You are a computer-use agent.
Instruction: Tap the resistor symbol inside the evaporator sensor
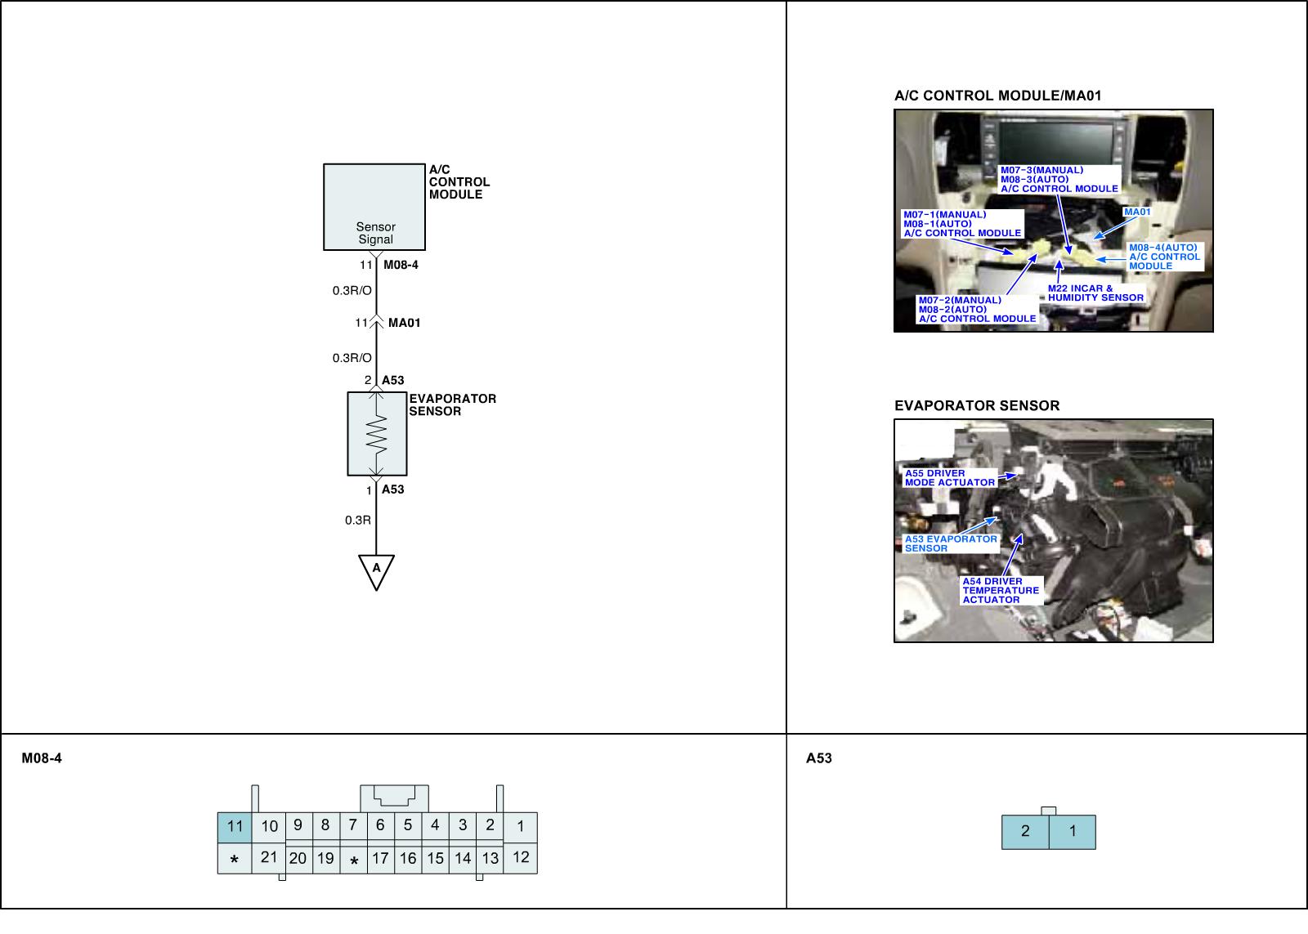[376, 434]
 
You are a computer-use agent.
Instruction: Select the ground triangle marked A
[376, 570]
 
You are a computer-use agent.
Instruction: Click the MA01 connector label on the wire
[404, 323]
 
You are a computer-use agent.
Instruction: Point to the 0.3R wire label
[358, 520]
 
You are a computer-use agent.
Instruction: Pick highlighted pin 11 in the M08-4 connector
[235, 826]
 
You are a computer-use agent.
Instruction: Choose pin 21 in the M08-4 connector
[269, 857]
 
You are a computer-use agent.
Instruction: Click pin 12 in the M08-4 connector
[521, 857]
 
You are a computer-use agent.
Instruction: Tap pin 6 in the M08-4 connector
[380, 825]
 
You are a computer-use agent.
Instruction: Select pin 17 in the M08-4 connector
[380, 858]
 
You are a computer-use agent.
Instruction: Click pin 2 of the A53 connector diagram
[1025, 832]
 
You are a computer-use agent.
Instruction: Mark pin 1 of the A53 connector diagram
[1073, 832]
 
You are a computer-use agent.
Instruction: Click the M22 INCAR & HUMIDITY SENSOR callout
[1095, 293]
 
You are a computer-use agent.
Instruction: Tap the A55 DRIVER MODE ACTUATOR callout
[949, 478]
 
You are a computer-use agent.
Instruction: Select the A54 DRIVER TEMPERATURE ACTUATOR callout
[1001, 590]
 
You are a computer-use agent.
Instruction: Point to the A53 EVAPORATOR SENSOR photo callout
[950, 543]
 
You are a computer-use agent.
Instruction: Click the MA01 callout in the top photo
[1137, 212]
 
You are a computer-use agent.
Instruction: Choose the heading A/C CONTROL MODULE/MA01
[997, 96]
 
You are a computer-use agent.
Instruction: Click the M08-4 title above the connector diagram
[42, 758]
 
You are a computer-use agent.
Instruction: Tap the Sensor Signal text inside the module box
[375, 233]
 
